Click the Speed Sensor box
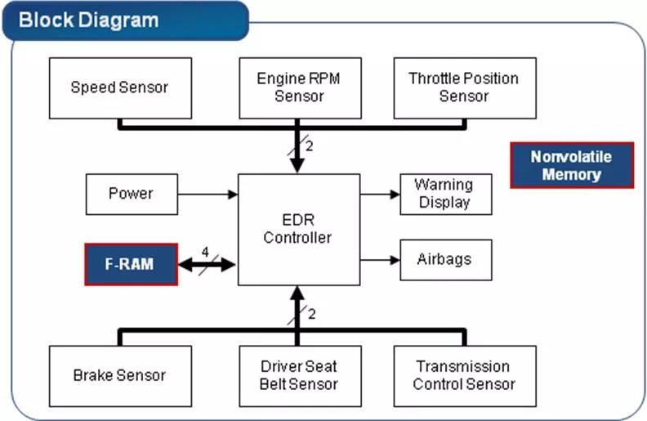pyautogui.click(x=120, y=87)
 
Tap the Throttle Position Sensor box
pyautogui.click(x=464, y=87)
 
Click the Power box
pyautogui.click(x=131, y=194)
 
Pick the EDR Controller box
pyautogui.click(x=298, y=229)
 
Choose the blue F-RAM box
pyautogui.click(x=131, y=264)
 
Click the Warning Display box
pyautogui.click(x=445, y=194)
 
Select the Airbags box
pyautogui.click(x=445, y=259)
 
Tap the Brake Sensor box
pyautogui.click(x=120, y=376)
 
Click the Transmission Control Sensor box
pyautogui.click(x=464, y=376)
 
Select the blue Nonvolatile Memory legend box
pyautogui.click(x=571, y=165)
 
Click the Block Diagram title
pyautogui.click(x=88, y=20)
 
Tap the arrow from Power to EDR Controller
pyautogui.click(x=207, y=195)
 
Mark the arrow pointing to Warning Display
pyautogui.click(x=380, y=195)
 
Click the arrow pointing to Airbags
pyautogui.click(x=380, y=260)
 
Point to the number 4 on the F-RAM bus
pyautogui.click(x=206, y=251)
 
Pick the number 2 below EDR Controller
pyautogui.click(x=311, y=314)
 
